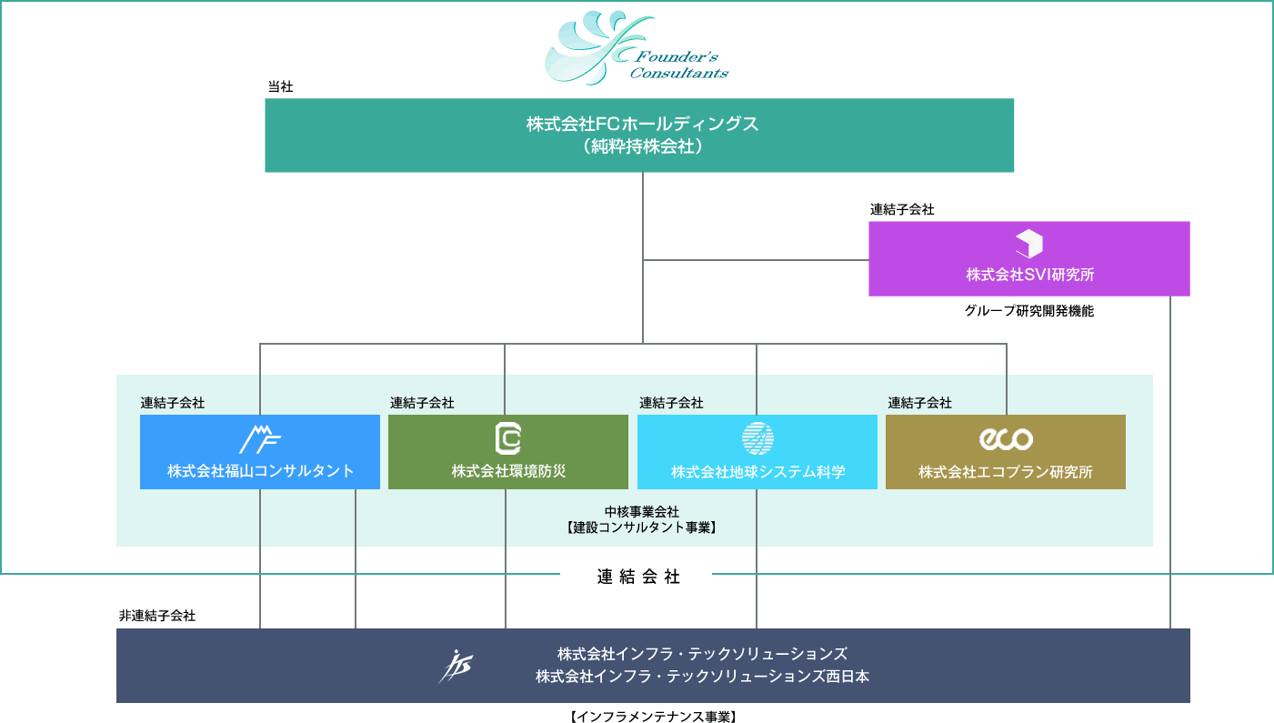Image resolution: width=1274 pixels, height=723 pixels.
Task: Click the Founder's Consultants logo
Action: tap(636, 48)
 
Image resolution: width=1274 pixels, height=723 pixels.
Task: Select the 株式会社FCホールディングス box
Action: tap(639, 136)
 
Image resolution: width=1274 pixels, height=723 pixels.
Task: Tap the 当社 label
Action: tap(280, 86)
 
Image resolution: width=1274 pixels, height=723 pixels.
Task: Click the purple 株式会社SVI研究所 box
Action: tap(1028, 259)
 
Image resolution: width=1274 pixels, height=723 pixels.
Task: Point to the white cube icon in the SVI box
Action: tap(1028, 244)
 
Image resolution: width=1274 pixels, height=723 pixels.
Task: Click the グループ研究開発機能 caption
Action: tap(1028, 311)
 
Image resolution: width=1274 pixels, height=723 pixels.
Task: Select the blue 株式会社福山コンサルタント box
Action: tap(260, 452)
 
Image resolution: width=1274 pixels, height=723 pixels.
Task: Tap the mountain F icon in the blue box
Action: tap(260, 439)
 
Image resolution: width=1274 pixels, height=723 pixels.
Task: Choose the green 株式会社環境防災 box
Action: tap(508, 452)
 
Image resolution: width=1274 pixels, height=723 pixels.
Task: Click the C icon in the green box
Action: tap(508, 438)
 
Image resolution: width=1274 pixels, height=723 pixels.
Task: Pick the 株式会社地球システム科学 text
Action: tap(757, 472)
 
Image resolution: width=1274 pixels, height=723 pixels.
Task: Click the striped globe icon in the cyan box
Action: tap(757, 438)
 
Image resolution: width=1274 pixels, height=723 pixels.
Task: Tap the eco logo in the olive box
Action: tap(1006, 439)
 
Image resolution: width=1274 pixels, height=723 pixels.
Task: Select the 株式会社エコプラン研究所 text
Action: tap(1006, 472)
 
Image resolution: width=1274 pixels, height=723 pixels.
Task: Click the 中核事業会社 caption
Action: tap(642, 511)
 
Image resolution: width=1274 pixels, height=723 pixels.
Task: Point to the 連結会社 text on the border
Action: tap(638, 577)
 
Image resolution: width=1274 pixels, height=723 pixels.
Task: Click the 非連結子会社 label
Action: tap(157, 616)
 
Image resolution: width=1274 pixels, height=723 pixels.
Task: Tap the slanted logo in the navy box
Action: tap(456, 666)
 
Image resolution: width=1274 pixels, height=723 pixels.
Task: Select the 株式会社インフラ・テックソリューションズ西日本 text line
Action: tap(702, 677)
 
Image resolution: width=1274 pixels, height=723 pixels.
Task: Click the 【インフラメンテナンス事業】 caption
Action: tap(653, 716)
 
